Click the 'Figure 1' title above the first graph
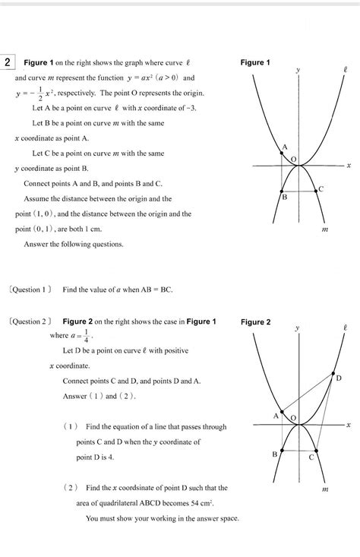[x=255, y=62]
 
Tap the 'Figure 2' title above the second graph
[x=255, y=322]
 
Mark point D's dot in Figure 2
[x=334, y=374]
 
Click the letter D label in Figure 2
[x=339, y=378]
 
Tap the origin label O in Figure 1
[x=294, y=158]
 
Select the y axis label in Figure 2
[x=298, y=328]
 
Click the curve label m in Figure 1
[x=324, y=228]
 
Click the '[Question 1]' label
[x=31, y=289]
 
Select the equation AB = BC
[x=156, y=289]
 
